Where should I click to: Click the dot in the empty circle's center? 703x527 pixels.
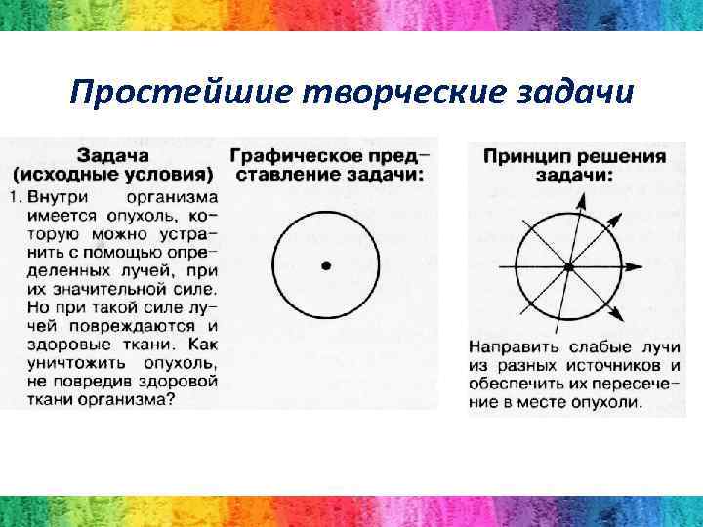point(325,264)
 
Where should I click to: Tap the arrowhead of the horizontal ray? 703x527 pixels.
point(638,265)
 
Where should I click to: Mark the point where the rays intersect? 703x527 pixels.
point(568,265)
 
